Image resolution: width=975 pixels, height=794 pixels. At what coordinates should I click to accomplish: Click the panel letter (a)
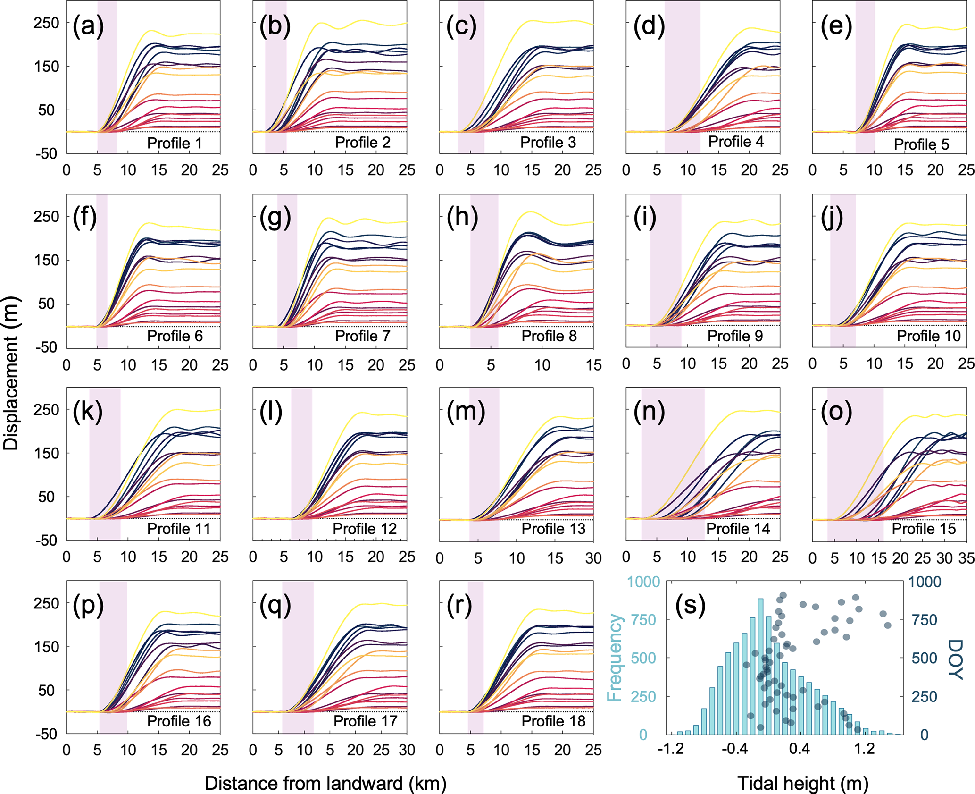tap(88, 26)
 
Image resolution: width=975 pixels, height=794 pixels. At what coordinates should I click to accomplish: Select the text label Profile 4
tap(736, 142)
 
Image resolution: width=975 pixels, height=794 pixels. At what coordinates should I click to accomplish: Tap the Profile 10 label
tap(928, 336)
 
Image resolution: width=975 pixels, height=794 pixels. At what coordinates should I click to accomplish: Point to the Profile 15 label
tap(924, 529)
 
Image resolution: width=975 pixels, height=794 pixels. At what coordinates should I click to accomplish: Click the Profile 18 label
tap(553, 721)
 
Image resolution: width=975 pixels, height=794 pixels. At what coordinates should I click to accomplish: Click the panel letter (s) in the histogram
tap(690, 605)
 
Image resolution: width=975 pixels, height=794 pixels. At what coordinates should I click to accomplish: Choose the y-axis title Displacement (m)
tap(10, 373)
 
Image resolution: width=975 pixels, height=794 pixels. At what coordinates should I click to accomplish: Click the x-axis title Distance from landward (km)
tap(325, 783)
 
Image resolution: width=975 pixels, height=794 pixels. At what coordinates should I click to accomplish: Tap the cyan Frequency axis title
tap(615, 658)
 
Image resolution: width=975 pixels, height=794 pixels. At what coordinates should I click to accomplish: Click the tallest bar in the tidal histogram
tap(760, 666)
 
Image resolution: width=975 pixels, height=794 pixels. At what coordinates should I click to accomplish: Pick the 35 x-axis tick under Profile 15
tap(966, 558)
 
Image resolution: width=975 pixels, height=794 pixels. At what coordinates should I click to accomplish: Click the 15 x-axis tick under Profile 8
tap(593, 365)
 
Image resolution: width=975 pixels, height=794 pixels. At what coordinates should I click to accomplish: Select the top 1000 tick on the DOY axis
tap(925, 582)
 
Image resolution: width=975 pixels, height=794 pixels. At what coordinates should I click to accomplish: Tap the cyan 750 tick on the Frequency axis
tap(643, 620)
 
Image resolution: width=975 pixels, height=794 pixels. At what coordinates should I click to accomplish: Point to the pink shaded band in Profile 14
tap(673, 463)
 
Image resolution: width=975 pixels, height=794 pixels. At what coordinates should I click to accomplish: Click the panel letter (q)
tap(275, 606)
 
